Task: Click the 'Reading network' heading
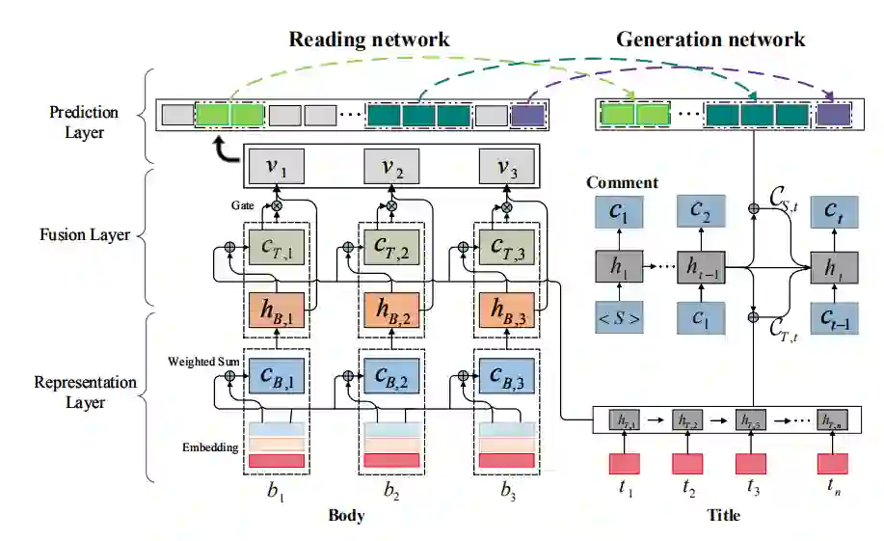click(x=369, y=40)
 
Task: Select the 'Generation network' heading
click(x=710, y=40)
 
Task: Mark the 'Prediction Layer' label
click(x=84, y=122)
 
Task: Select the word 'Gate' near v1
click(x=242, y=206)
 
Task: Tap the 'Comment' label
click(x=622, y=182)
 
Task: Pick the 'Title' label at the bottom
click(x=723, y=515)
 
